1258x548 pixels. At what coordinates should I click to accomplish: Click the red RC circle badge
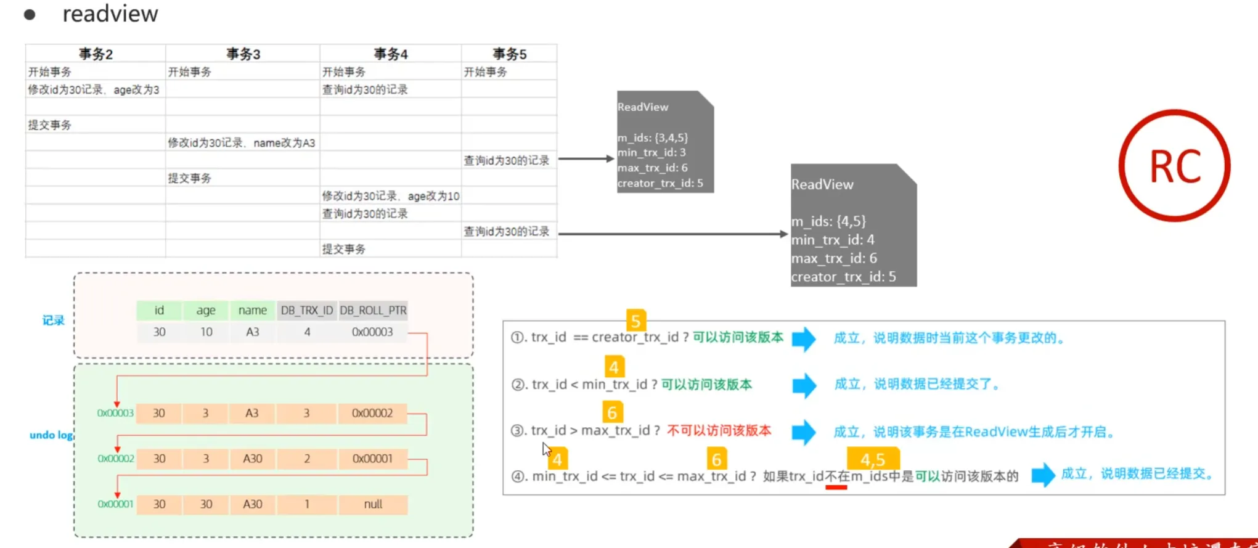(x=1174, y=166)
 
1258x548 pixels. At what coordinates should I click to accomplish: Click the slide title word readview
(x=110, y=14)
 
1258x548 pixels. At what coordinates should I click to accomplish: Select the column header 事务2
(x=96, y=54)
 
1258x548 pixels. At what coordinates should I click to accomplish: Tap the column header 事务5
(x=509, y=54)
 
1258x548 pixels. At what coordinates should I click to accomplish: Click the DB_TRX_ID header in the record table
(x=307, y=310)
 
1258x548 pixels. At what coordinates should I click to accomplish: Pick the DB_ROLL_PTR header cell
(x=373, y=310)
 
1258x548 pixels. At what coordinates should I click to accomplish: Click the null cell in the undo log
(x=373, y=504)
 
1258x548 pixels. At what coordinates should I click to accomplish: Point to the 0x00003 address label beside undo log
(x=115, y=413)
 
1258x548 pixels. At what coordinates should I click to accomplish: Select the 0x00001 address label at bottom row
(x=115, y=504)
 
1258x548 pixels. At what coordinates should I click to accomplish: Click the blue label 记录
(x=53, y=321)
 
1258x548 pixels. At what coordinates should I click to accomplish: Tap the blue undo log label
(x=51, y=435)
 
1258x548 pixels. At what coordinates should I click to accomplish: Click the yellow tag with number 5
(x=635, y=321)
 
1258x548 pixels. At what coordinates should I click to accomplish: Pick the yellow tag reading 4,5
(x=873, y=459)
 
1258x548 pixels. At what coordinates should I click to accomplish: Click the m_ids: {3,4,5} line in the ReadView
(x=653, y=137)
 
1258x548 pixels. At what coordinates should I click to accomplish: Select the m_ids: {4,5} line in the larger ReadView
(x=828, y=221)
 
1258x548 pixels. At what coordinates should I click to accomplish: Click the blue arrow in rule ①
(x=804, y=338)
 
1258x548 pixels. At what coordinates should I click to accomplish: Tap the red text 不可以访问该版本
(x=719, y=430)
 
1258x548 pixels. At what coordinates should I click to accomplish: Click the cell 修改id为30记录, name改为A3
(x=242, y=143)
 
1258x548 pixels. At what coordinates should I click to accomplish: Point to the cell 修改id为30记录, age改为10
(x=390, y=196)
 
